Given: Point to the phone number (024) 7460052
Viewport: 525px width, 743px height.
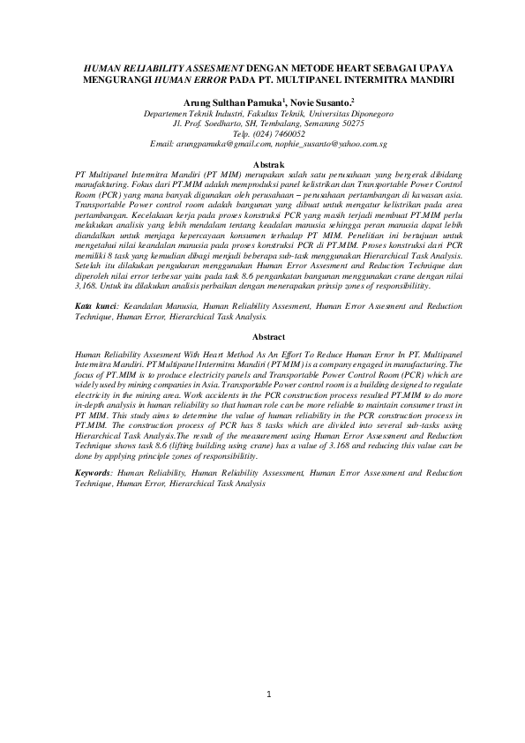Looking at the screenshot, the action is (281, 133).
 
